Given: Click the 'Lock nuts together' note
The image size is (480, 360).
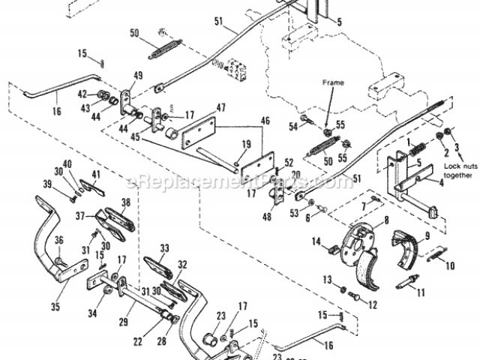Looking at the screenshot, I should coord(458,169).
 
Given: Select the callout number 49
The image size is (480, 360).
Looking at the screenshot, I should coord(138,74).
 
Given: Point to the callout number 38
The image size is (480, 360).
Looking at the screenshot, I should coord(126,202).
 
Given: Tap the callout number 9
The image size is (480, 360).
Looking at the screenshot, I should coord(427,235).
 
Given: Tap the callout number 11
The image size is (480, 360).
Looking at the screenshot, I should coord(420,292).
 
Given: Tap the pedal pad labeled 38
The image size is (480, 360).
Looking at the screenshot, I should coord(116,217).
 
